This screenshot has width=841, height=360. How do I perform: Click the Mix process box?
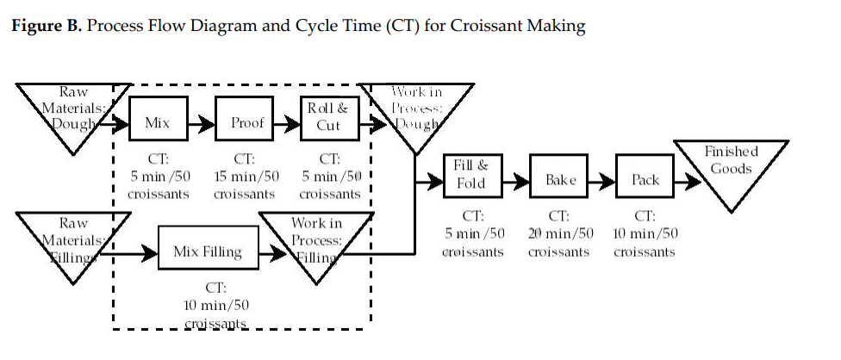pyautogui.click(x=157, y=123)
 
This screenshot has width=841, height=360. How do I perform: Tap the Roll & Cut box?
pyautogui.click(x=327, y=117)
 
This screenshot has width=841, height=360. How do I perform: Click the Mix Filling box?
pyautogui.click(x=208, y=252)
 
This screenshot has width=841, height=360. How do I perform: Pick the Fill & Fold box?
pyautogui.click(x=470, y=174)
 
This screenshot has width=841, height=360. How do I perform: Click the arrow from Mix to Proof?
pyautogui.click(x=199, y=124)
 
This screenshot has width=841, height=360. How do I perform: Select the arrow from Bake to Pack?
pyautogui.click(x=604, y=182)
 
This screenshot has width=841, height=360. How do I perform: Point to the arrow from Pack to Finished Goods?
pyautogui.click(x=688, y=182)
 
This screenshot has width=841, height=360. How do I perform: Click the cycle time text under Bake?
pyautogui.click(x=560, y=234)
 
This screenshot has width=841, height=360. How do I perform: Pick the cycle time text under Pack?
pyautogui.click(x=645, y=234)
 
